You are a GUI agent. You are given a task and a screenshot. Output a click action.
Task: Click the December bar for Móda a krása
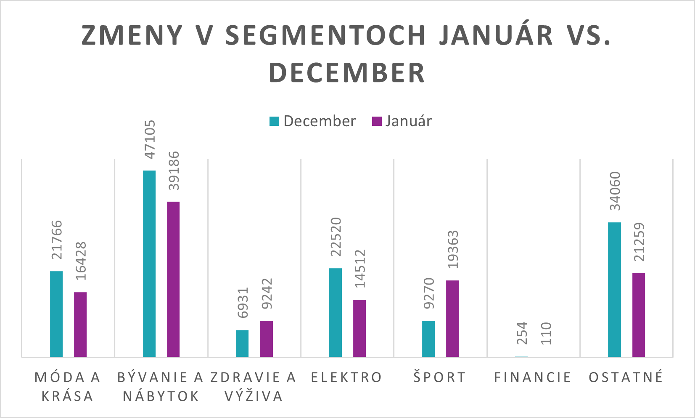point(56,314)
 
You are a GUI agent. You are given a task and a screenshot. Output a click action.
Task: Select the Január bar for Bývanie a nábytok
point(173,279)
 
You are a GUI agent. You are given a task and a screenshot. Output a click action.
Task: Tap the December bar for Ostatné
point(614,290)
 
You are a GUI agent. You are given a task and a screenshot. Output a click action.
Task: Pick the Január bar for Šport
point(452,319)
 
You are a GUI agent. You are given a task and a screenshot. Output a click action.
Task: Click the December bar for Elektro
point(335,312)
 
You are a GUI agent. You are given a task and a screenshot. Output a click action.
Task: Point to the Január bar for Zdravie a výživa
point(266,339)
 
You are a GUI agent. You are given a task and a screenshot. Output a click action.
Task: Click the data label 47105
point(150,139)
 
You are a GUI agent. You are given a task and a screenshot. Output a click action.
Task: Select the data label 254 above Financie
point(522,333)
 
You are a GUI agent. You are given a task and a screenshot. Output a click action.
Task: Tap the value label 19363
point(453,250)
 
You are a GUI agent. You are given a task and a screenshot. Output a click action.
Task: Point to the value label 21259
point(639,242)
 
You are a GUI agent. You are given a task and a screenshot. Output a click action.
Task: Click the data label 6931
point(243,303)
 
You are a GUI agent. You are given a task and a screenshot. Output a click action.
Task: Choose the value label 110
point(546,333)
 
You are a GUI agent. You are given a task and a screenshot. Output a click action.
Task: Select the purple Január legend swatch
point(377,121)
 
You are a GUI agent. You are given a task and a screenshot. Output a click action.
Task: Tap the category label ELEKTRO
point(346,378)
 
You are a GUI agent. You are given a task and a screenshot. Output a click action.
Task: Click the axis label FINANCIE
point(533,378)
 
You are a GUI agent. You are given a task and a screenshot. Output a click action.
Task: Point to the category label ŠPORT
point(440,378)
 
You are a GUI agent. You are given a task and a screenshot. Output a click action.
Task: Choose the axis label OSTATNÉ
point(626,378)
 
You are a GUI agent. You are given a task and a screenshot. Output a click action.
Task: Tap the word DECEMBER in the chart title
point(347,73)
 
